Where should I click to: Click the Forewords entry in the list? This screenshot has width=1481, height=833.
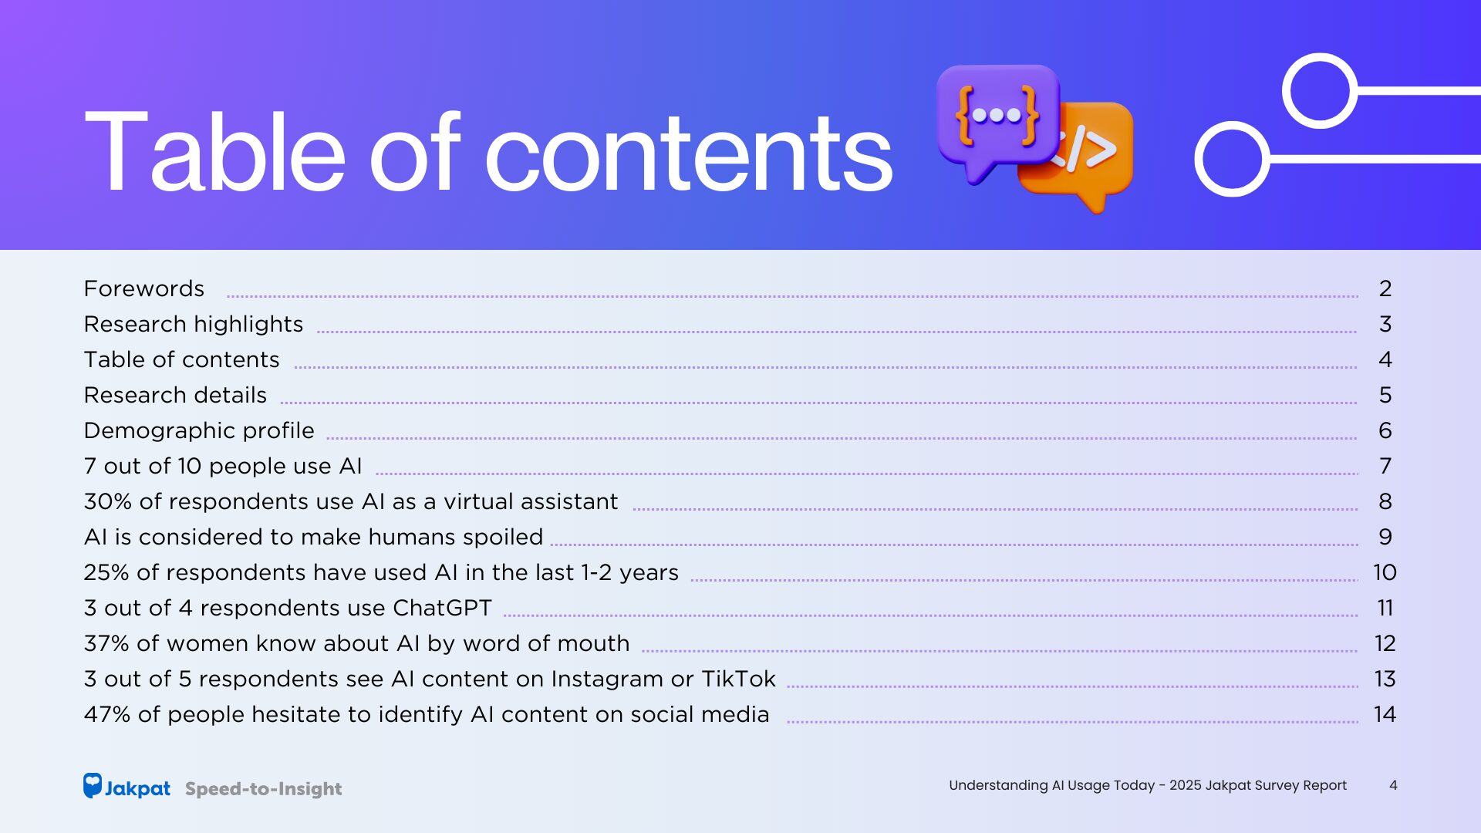[x=144, y=288]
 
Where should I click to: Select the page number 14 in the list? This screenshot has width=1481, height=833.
[x=1385, y=714]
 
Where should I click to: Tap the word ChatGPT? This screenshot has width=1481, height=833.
[x=442, y=608]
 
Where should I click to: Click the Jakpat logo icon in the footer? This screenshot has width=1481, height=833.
[x=93, y=785]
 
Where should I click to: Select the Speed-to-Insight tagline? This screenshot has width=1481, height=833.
[x=263, y=789]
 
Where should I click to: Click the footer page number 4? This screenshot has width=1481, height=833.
[x=1393, y=785]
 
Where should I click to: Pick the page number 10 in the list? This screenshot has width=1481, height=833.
[x=1385, y=572]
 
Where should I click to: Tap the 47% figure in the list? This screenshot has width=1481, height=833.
[x=107, y=714]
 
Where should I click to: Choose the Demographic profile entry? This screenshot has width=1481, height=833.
[x=199, y=430]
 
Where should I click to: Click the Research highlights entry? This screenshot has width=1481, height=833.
[x=194, y=325]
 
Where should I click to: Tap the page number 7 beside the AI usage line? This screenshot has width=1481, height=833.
[x=1385, y=466]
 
